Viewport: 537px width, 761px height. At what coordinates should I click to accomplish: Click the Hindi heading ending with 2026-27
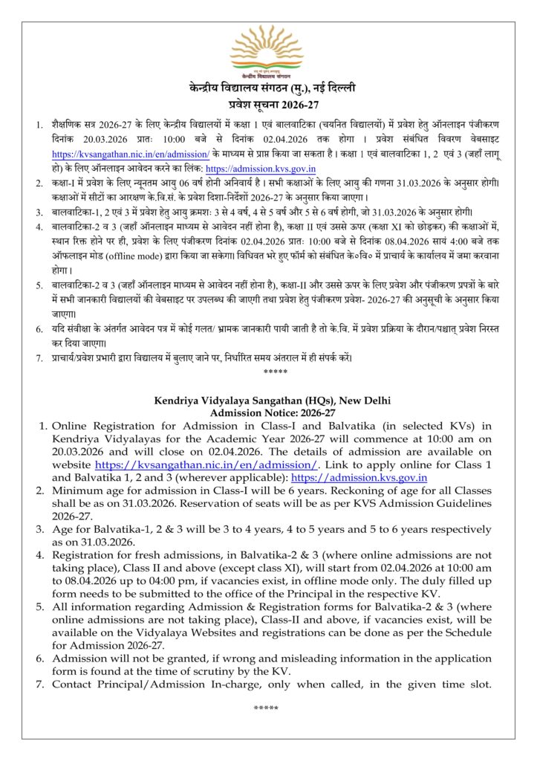tap(267, 104)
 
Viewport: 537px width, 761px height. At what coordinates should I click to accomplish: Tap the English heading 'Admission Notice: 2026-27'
tap(267, 412)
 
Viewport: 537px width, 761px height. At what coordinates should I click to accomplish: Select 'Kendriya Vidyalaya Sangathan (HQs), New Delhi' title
tap(267, 401)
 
